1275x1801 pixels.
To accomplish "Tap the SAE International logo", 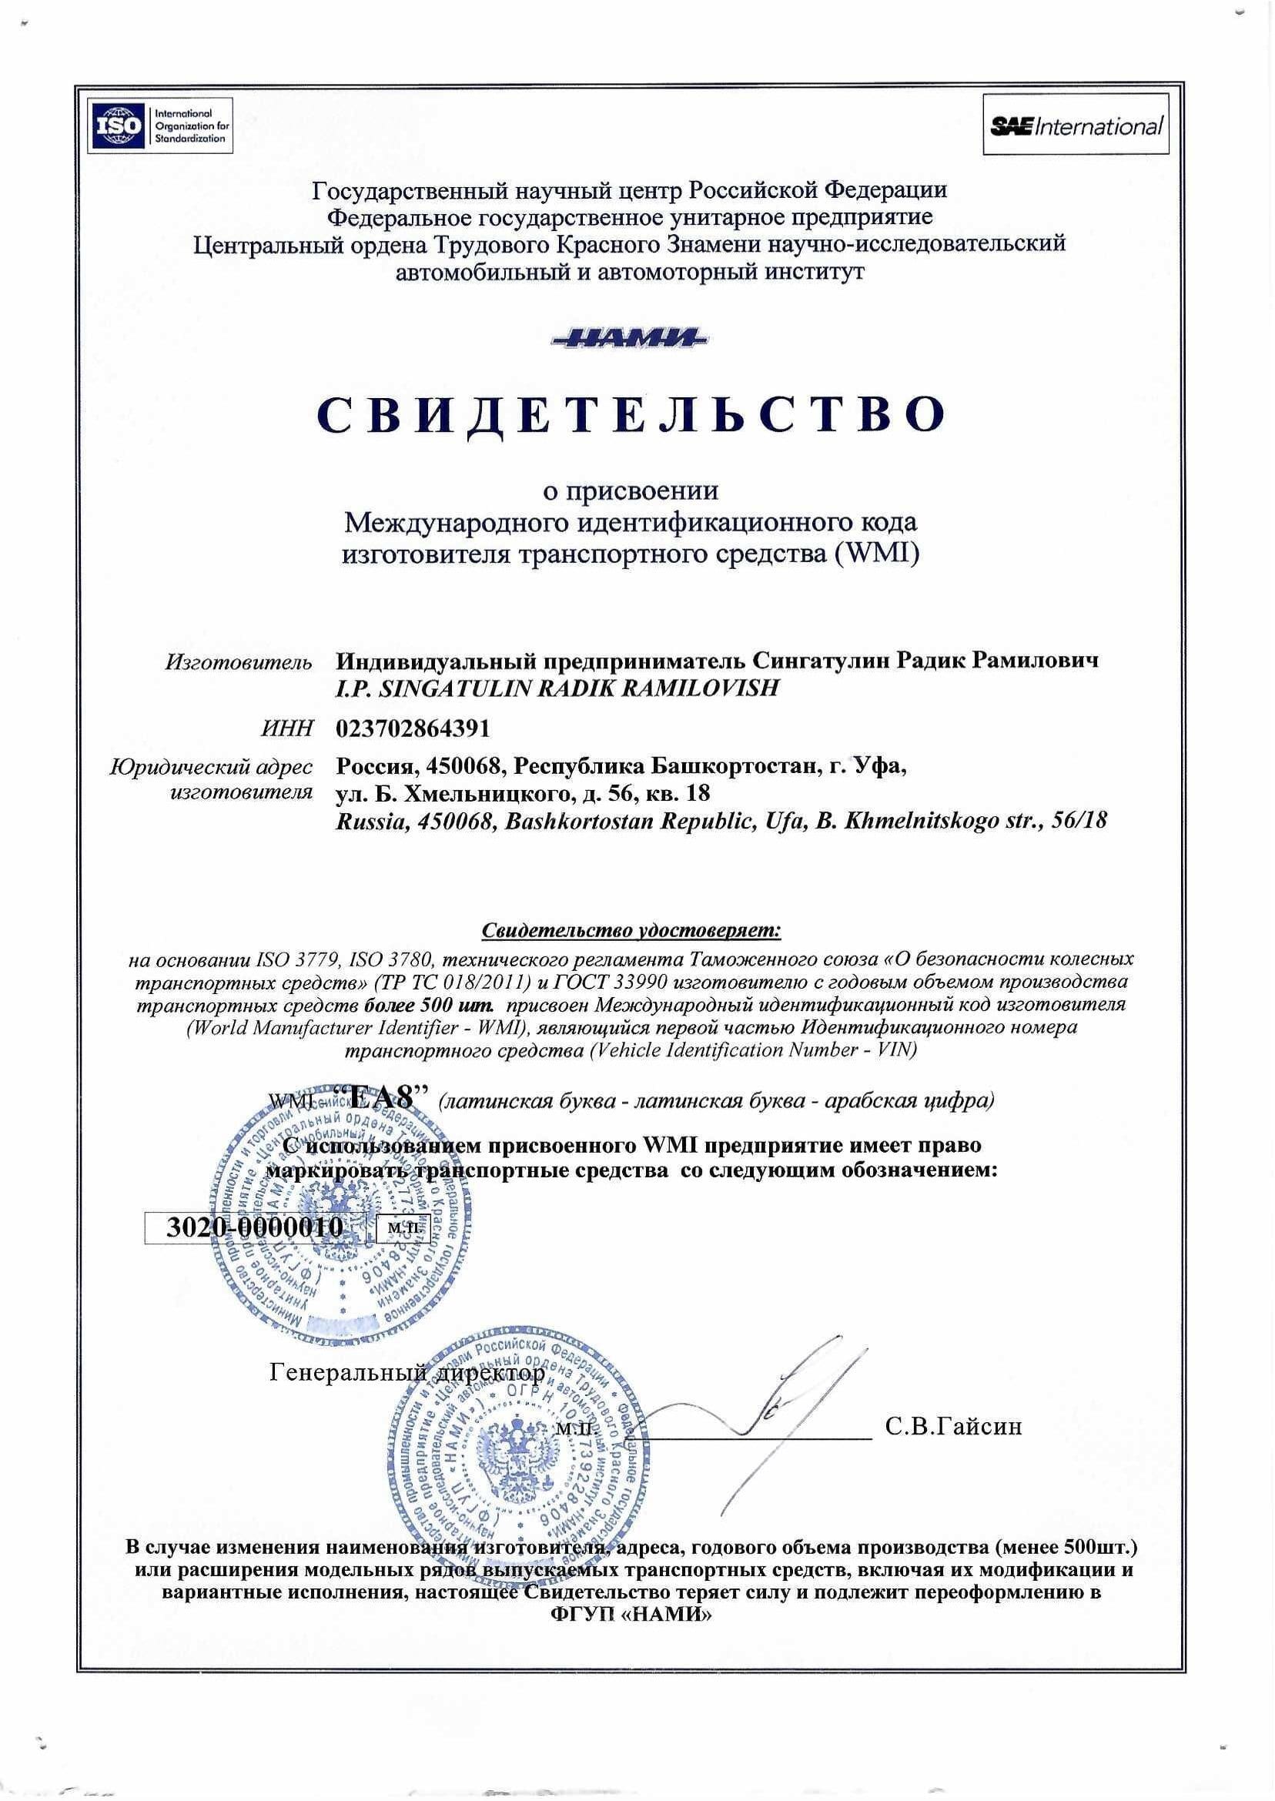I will point(1075,126).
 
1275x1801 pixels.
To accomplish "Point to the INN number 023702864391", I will point(413,728).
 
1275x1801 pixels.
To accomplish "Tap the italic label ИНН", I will point(287,729).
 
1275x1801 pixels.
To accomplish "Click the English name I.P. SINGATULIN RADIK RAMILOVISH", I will point(557,688).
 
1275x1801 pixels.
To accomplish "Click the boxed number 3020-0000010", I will point(255,1227).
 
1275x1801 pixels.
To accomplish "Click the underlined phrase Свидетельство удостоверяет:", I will point(631,931).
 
